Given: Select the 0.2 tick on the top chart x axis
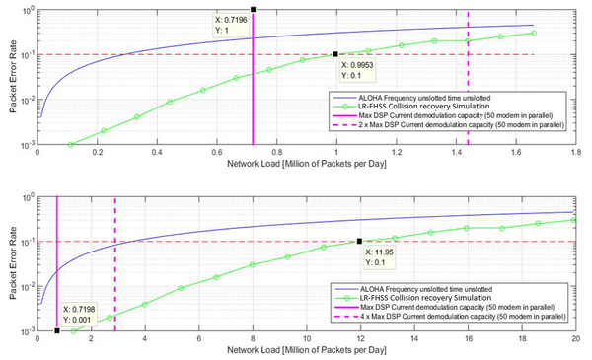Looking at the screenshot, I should (x=97, y=154).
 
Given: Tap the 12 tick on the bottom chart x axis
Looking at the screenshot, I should (x=360, y=338).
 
